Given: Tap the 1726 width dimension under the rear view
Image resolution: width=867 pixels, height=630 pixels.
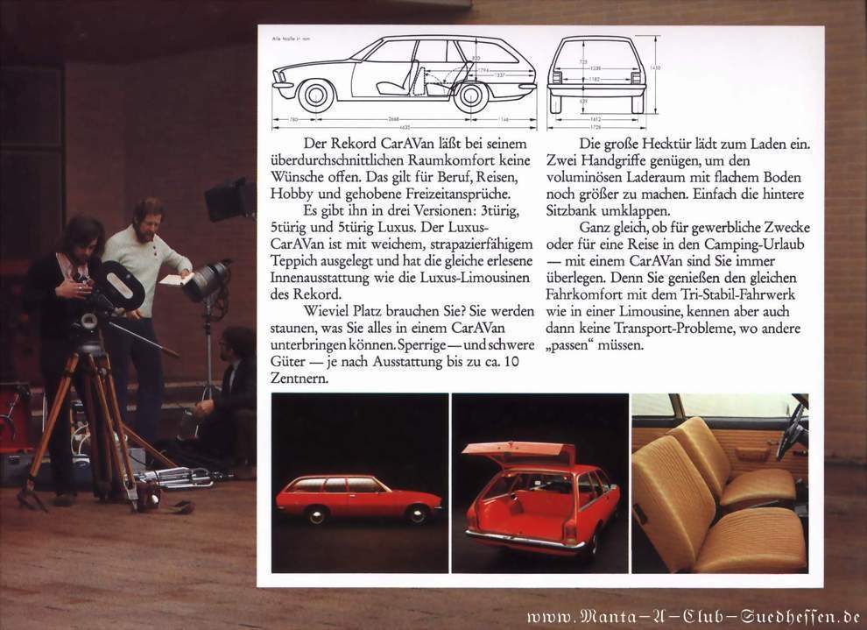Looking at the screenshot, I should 596,126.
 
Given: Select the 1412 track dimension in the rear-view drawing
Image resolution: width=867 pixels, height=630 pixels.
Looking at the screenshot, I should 596,118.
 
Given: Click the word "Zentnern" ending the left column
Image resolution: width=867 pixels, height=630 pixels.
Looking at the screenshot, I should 300,379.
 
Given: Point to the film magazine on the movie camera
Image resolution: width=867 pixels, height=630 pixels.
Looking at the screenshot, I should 120,285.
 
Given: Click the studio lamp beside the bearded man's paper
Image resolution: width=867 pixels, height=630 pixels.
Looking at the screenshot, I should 207,280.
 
